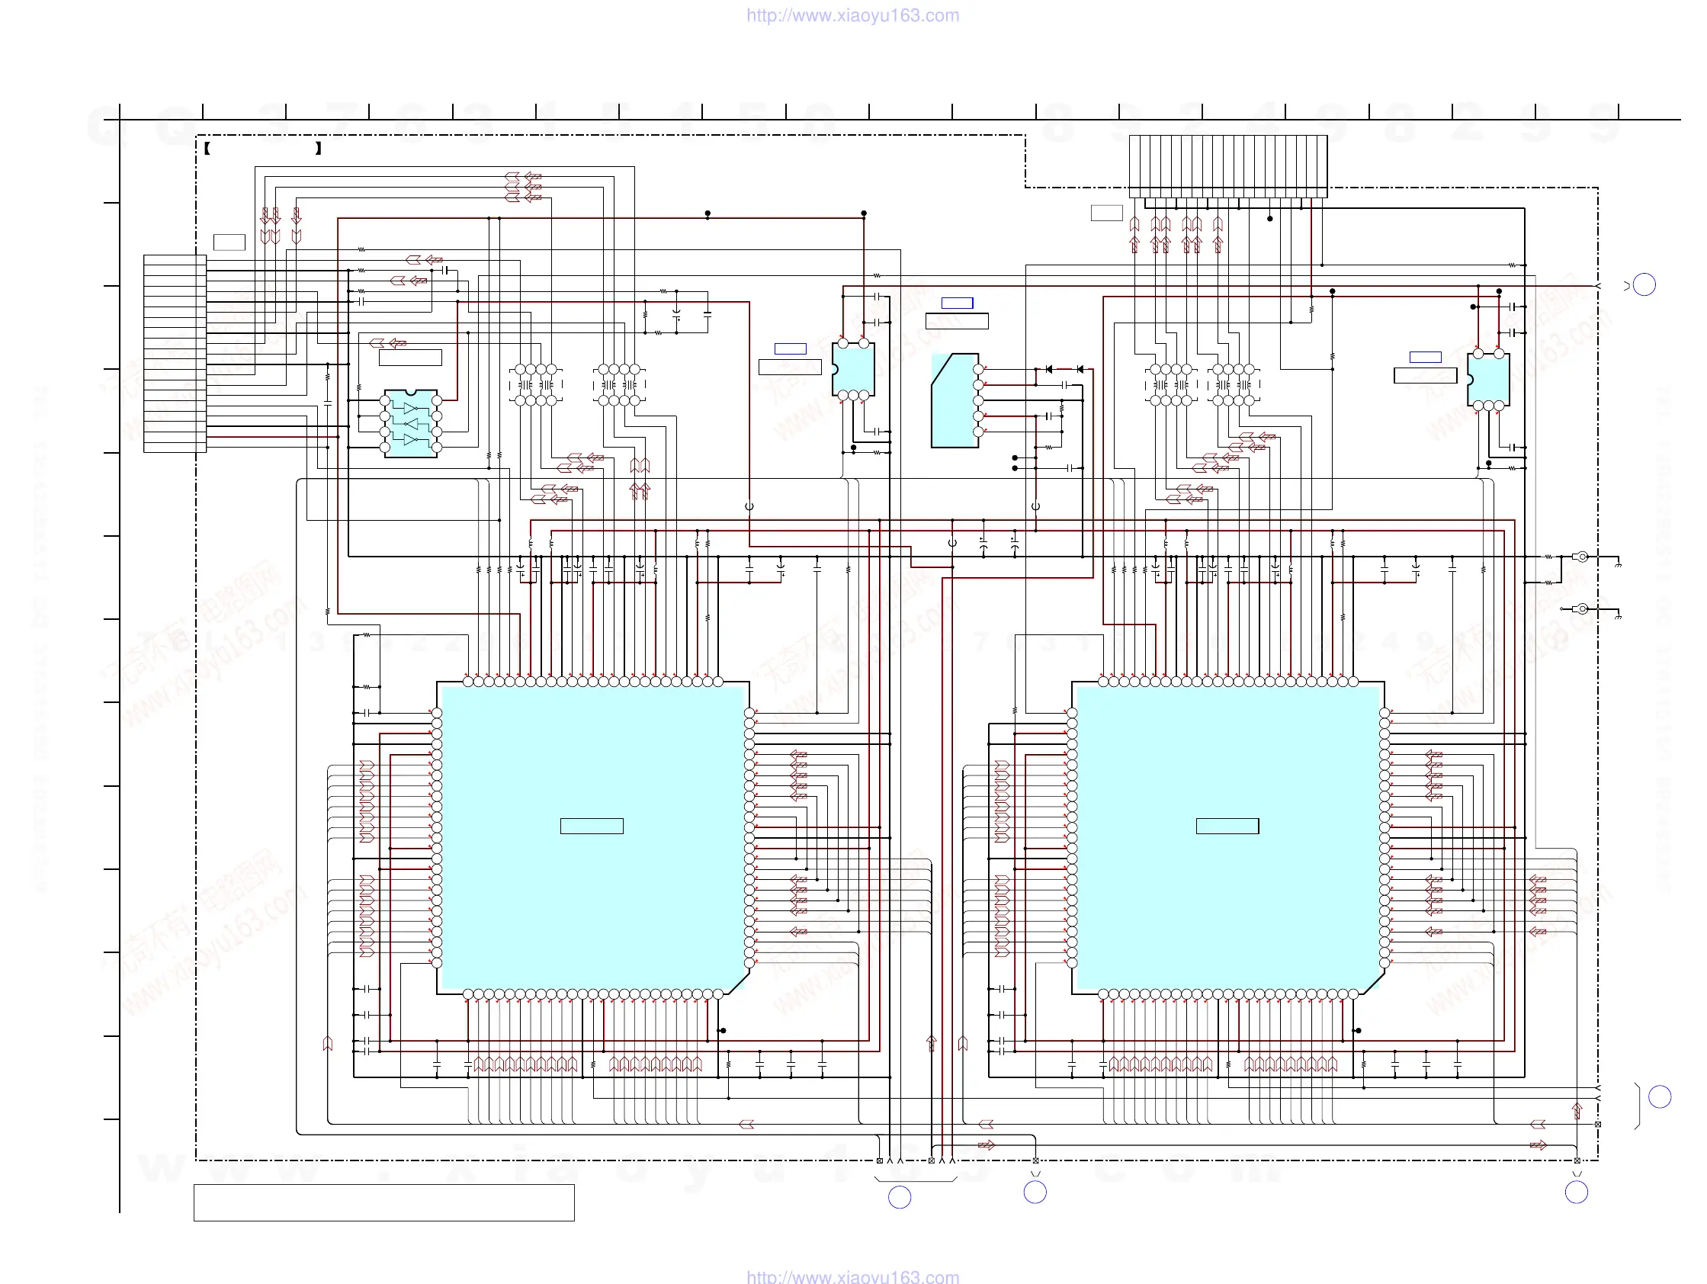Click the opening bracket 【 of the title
tap(207, 148)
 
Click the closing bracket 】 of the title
tap(318, 148)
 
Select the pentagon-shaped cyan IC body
tap(954, 401)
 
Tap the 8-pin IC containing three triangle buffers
tap(410, 424)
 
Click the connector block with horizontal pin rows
tap(175, 354)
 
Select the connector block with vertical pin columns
tap(1227, 166)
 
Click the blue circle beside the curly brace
tap(1659, 1096)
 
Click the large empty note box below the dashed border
tap(383, 1202)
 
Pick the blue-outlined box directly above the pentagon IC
tap(957, 303)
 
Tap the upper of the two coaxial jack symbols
tap(1580, 557)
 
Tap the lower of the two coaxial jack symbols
tap(1580, 608)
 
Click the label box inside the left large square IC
tap(591, 826)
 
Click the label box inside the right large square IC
tap(1227, 826)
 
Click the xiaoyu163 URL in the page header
tap(852, 15)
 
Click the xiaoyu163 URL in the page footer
tap(852, 1276)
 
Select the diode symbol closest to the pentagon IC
tap(1049, 370)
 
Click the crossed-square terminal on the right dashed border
tap(1597, 1125)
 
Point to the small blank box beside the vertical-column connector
tap(1105, 213)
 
